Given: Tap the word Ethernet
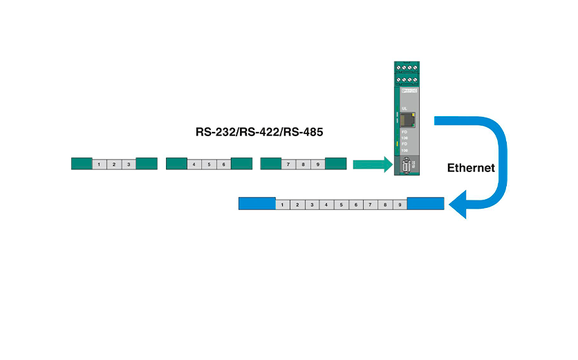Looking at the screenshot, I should [x=471, y=167].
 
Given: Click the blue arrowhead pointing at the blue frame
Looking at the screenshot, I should [x=458, y=205].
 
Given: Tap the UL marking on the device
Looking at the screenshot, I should [x=404, y=108].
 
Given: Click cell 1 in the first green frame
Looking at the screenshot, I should [x=100, y=164].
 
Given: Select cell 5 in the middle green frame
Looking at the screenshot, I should [x=209, y=164].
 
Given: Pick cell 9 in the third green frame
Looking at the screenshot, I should [x=317, y=164].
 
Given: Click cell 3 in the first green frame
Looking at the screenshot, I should [x=129, y=164].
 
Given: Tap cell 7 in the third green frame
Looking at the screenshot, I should [x=288, y=164].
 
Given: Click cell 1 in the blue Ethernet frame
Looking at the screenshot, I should [x=283, y=205].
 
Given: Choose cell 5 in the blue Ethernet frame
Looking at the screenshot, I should [x=341, y=205].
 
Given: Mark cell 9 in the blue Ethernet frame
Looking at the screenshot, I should [x=400, y=205].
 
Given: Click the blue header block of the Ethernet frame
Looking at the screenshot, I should [x=257, y=205].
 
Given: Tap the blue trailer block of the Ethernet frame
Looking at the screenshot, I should [x=425, y=205].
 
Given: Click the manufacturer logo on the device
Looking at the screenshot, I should [x=410, y=91].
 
